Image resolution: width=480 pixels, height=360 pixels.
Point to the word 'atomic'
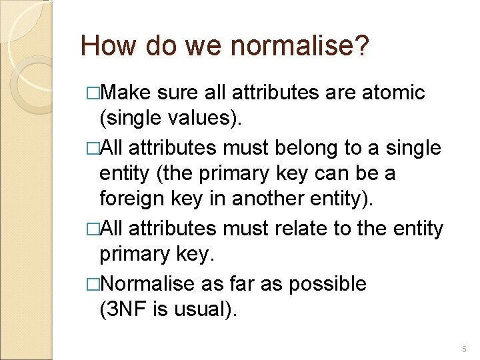tap(393, 92)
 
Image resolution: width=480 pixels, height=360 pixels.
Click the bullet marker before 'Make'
tap(93, 93)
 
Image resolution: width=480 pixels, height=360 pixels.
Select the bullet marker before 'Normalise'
tap(93, 284)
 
